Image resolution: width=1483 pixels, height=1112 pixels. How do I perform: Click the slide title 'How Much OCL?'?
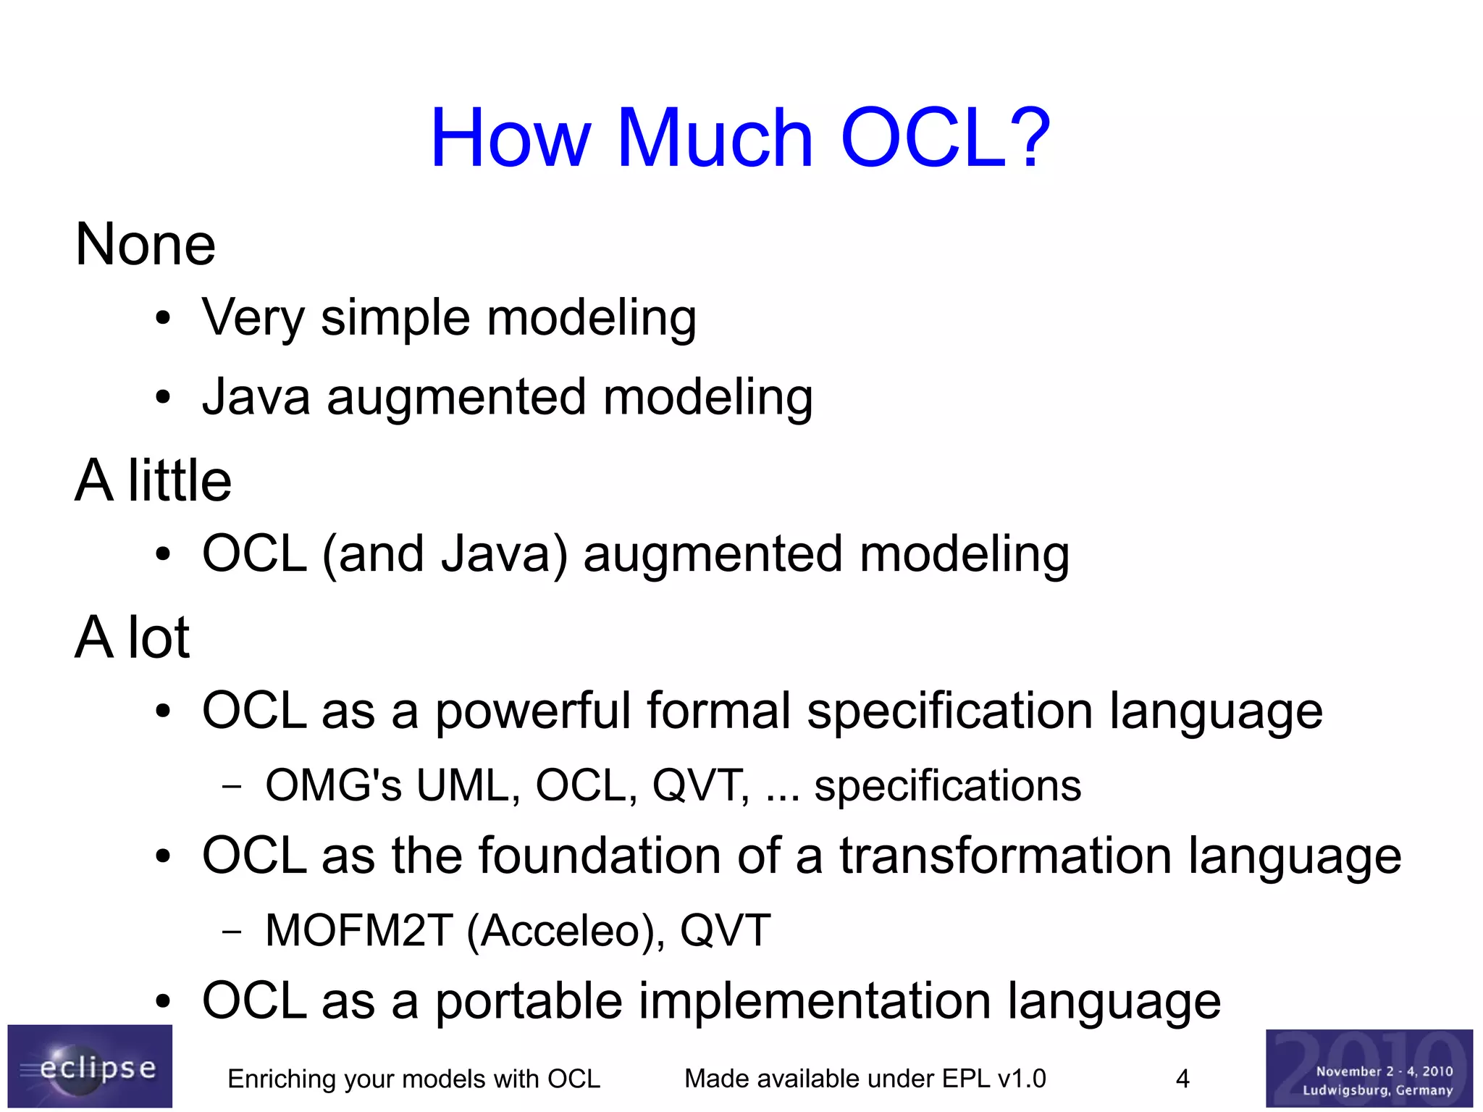[x=740, y=138]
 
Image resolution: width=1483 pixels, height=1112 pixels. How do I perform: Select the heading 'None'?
[x=145, y=245]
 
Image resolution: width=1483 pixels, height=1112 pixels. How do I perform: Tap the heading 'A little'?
[x=153, y=481]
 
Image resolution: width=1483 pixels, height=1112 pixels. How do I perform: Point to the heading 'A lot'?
[x=132, y=638]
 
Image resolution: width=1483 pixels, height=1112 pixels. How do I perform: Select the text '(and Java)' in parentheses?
[x=445, y=554]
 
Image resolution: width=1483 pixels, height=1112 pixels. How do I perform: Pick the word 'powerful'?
[x=532, y=711]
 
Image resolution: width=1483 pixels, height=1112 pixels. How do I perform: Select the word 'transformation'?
[x=1005, y=856]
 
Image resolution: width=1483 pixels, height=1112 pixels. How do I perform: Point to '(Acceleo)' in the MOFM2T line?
[x=566, y=931]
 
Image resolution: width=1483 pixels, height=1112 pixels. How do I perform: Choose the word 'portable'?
[x=528, y=1002]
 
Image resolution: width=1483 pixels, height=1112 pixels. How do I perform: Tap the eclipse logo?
[x=90, y=1066]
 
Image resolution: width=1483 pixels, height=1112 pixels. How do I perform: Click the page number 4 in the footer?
[x=1182, y=1079]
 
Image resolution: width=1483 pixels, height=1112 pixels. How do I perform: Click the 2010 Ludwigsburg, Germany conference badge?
[x=1369, y=1069]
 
